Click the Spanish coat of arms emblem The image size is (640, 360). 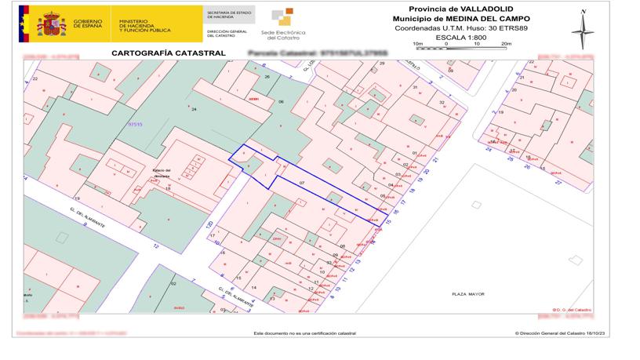[52, 24]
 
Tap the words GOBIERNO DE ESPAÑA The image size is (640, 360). [89, 24]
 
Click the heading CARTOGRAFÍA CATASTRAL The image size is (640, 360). [158, 53]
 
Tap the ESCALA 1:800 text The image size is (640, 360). [461, 36]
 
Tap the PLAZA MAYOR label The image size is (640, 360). [467, 294]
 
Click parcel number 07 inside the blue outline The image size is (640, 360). [302, 183]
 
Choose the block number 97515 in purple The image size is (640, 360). [136, 124]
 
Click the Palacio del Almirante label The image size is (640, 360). [162, 176]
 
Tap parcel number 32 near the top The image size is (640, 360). [442, 103]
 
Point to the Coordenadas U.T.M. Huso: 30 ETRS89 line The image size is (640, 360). [460, 27]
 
